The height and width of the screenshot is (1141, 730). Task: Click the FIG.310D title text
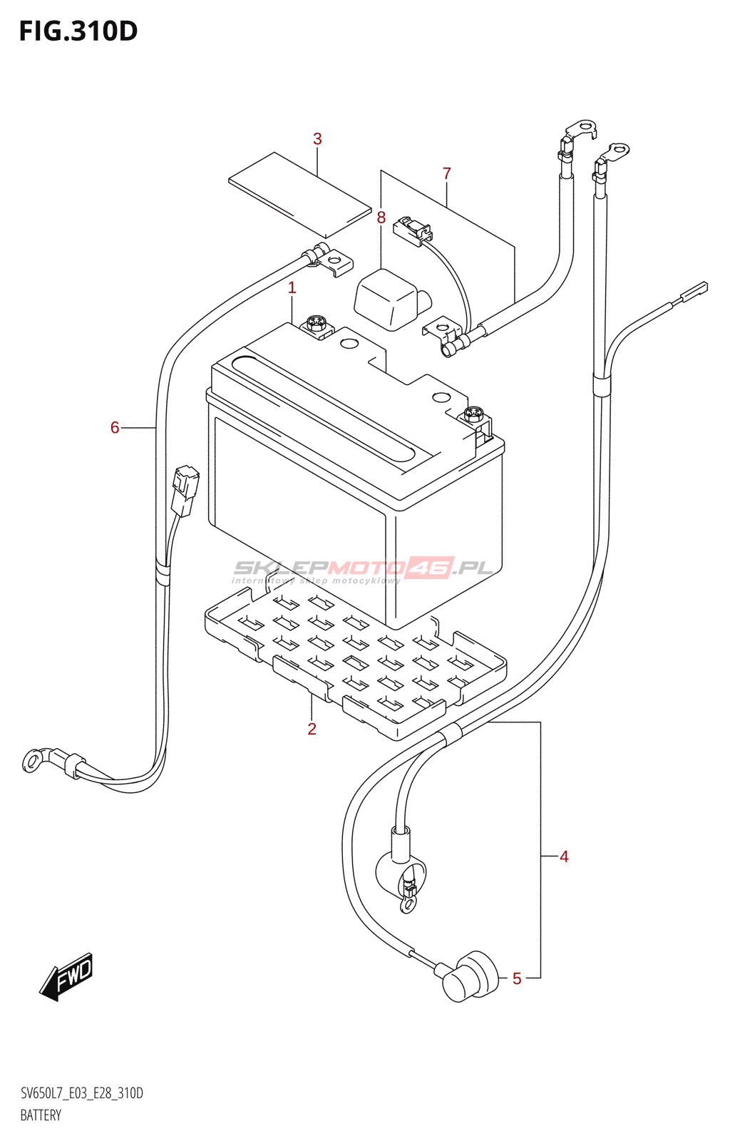pos(78,31)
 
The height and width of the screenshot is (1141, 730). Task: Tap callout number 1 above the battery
pos(292,288)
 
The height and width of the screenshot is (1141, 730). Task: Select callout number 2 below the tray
pos(312,729)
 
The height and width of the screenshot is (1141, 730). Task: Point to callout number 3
pos(317,139)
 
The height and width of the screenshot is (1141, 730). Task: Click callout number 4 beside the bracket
pos(564,856)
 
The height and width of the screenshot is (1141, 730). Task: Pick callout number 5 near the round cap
pos(517,979)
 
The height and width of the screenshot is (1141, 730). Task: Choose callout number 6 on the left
pos(115,428)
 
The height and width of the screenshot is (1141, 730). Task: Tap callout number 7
pos(446,173)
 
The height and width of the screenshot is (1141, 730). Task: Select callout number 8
pos(381,218)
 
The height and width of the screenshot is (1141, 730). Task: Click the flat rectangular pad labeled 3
pos(299,194)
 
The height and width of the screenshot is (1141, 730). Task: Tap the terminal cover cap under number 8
pos(389,300)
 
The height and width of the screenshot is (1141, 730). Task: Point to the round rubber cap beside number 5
pos(471,976)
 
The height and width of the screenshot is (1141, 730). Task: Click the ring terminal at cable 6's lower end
pos(33,761)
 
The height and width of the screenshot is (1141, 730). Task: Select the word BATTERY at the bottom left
pos(41,1115)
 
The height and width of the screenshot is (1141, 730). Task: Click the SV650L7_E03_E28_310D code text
pos(81,1093)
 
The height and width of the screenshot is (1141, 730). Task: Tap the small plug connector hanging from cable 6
pos(185,490)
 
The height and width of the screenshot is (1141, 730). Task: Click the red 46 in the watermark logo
pos(430,568)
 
